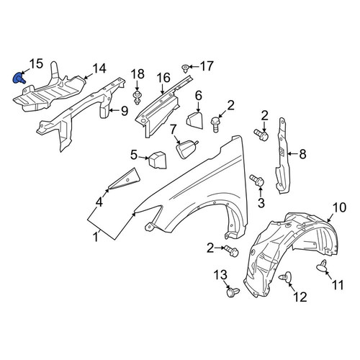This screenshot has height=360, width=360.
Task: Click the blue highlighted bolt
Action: [x=19, y=78]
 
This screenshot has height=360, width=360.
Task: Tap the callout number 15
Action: [x=36, y=64]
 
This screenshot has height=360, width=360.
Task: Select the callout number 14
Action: [x=99, y=68]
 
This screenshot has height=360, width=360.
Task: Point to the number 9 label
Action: [x=125, y=111]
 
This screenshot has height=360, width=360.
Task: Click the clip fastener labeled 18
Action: [x=137, y=97]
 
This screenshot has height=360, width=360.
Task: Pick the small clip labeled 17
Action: [x=185, y=68]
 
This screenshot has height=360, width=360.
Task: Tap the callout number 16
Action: [x=163, y=78]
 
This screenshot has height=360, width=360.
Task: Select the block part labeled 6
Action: [x=194, y=121]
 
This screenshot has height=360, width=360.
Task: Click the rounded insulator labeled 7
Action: [x=187, y=149]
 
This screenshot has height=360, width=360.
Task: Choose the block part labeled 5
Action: [x=158, y=160]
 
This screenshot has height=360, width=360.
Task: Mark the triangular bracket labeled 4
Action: [x=125, y=179]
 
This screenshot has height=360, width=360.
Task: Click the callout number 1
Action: [x=96, y=237]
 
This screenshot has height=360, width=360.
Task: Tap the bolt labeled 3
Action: [x=257, y=181]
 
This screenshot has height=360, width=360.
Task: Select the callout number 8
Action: [x=302, y=154]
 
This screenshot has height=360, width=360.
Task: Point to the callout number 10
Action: [x=339, y=207]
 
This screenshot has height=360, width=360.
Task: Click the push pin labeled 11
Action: [x=322, y=266]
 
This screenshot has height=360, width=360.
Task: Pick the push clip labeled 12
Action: [x=286, y=277]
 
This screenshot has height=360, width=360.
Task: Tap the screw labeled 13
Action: [x=233, y=292]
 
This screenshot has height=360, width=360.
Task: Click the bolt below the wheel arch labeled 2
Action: [x=231, y=251]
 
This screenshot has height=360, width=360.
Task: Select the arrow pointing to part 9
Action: [x=115, y=110]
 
